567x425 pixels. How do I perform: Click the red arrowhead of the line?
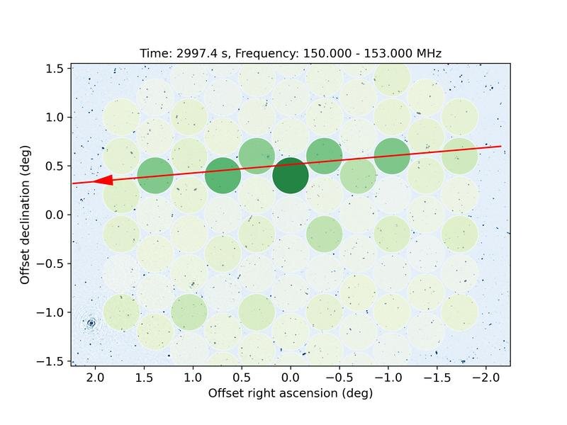(103, 181)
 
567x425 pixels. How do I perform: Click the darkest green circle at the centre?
(291, 176)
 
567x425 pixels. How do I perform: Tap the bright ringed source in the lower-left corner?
(91, 323)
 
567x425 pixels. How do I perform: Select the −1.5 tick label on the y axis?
(52, 361)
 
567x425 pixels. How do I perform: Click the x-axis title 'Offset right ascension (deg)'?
(291, 393)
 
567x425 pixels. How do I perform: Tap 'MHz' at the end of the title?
(427, 53)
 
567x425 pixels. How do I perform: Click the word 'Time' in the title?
(152, 53)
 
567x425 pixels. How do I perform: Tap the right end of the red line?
(501, 147)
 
